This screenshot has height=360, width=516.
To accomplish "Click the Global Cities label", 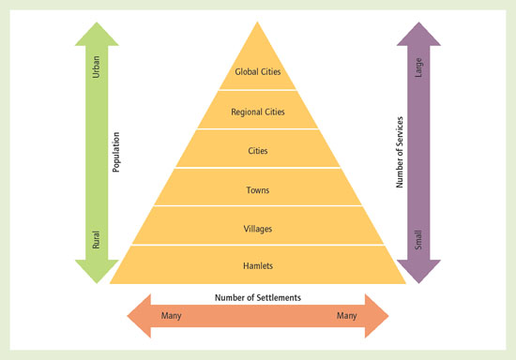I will point(258,71).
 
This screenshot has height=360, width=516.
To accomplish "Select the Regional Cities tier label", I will point(258,112).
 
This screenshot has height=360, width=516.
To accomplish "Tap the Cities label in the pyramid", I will point(258,151).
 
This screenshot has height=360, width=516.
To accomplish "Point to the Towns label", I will point(258,190).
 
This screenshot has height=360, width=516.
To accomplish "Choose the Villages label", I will point(258,228).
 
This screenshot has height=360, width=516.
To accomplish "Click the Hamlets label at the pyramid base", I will point(258,266).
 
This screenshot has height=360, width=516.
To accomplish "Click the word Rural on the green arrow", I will point(96,240).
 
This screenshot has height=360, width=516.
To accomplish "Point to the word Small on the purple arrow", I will point(418,241).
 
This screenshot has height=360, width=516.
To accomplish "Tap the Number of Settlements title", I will point(258,298).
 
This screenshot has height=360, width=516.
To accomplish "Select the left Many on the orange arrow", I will point(171,316).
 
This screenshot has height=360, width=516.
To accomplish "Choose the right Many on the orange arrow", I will point(347,316).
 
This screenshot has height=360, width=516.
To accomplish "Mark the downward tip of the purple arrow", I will point(418,281).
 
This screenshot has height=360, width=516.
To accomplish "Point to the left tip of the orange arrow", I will point(129,315).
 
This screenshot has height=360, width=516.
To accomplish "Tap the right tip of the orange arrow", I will point(387,315).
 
